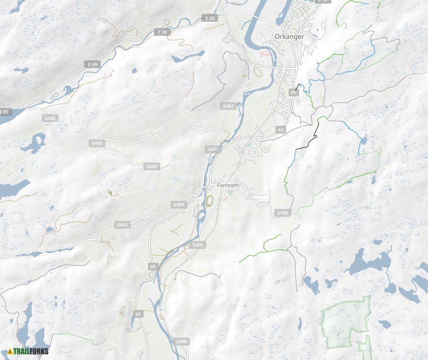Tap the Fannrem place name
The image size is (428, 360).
tap(228, 185)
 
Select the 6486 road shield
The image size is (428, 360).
tap(97, 143)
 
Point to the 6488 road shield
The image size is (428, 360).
tap(282, 213)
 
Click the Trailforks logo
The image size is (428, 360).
tap(28, 351)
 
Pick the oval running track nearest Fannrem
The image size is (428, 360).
tap(209, 201)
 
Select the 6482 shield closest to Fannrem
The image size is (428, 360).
tap(213, 149)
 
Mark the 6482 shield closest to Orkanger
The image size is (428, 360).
tap(228, 106)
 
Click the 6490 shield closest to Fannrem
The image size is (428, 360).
tap(197, 245)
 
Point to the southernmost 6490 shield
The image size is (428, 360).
tap(182, 341)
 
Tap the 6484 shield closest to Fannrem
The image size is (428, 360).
tap(179, 204)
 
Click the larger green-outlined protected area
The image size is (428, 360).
tap(345, 321)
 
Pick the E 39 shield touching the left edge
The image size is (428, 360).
tap(4, 112)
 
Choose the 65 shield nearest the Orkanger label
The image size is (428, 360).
tap(294, 92)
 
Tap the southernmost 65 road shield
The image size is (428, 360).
tap(138, 314)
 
